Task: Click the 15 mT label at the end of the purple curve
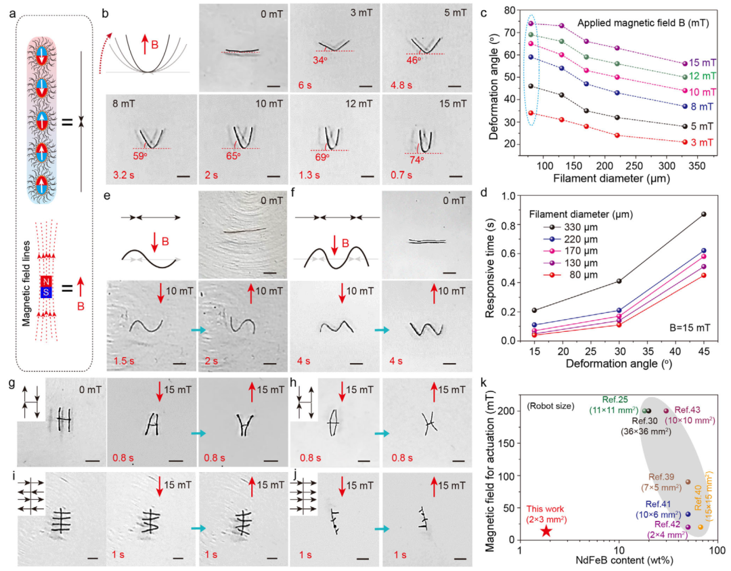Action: [704, 63]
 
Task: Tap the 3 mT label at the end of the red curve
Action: [704, 141]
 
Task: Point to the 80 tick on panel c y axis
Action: [510, 10]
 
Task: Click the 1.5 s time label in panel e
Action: [124, 358]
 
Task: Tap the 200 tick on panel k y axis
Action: [510, 410]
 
